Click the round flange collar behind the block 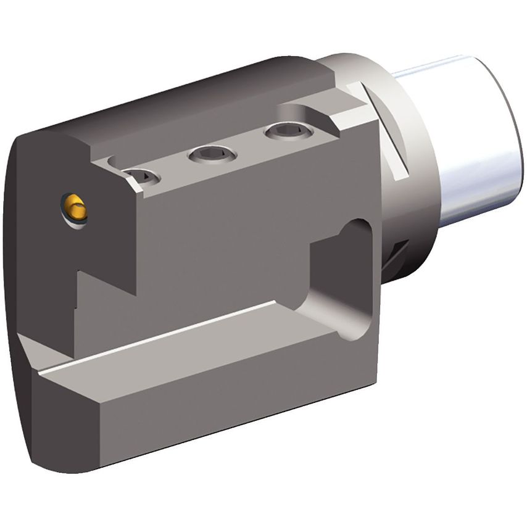[x=413, y=185]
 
